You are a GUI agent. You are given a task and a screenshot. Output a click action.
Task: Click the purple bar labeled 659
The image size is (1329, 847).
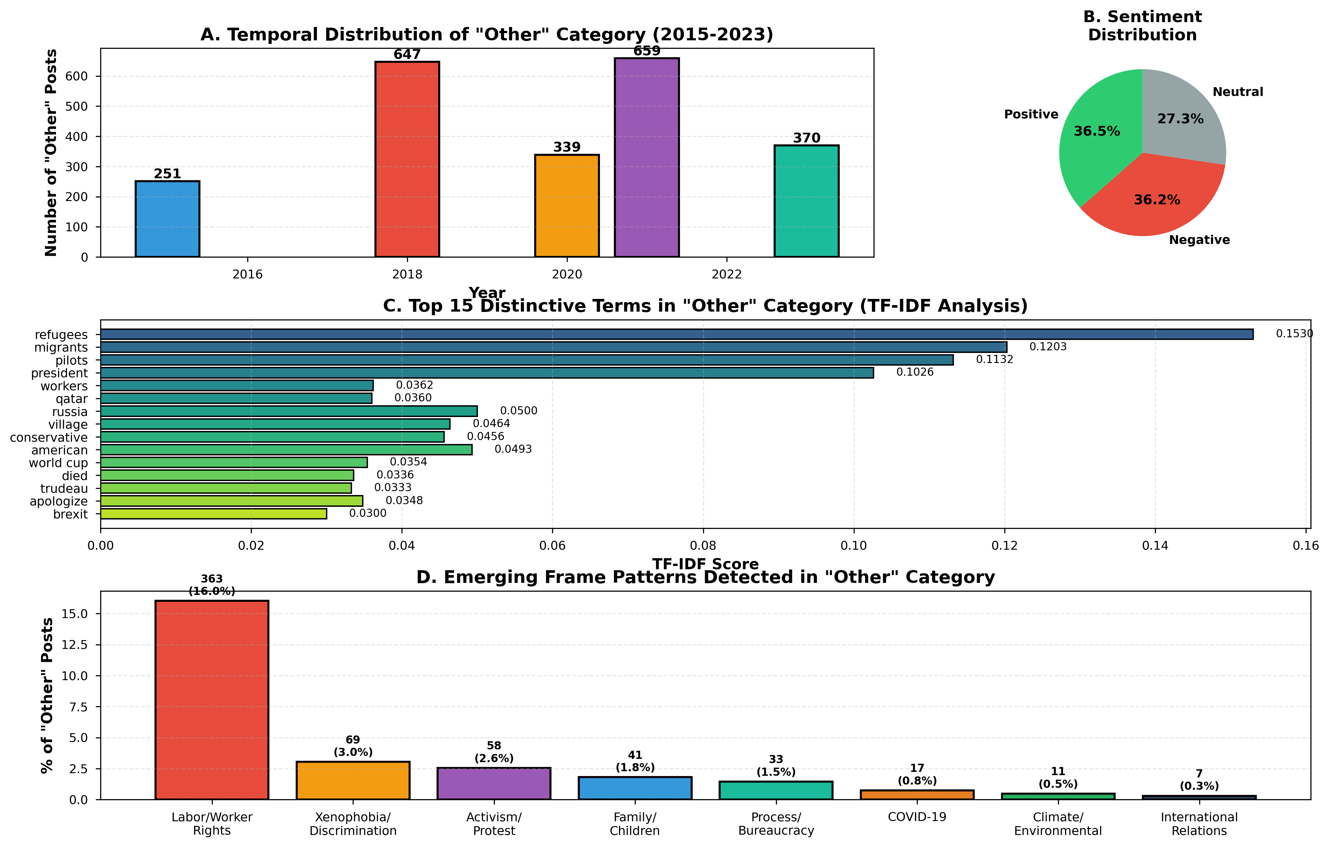pos(646,157)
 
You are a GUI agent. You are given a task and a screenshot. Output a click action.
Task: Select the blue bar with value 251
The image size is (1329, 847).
pos(167,219)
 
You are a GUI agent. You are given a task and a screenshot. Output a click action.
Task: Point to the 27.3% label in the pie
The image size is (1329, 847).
pos(1180,119)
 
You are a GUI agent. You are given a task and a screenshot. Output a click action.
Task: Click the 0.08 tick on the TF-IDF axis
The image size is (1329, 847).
pos(703,546)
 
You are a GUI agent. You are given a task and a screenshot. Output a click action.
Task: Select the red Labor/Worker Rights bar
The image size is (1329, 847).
pos(211,700)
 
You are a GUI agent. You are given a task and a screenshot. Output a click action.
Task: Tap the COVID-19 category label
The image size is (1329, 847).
pos(917,817)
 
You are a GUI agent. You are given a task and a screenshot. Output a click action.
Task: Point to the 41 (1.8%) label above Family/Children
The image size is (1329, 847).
pos(635,761)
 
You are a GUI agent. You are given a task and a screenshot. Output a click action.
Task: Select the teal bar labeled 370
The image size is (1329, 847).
pos(806,201)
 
